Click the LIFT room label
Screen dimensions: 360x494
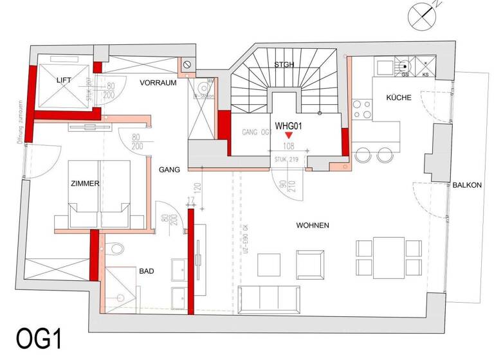point(64,80)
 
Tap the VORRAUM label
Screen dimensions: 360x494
point(158,83)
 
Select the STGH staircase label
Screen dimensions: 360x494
point(284,64)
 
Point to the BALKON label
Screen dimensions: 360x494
point(466,185)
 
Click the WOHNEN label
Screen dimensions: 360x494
point(313,226)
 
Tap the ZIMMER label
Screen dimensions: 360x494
point(86,184)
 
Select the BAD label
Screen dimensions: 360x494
point(147,272)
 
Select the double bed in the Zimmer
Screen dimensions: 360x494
point(100,193)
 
